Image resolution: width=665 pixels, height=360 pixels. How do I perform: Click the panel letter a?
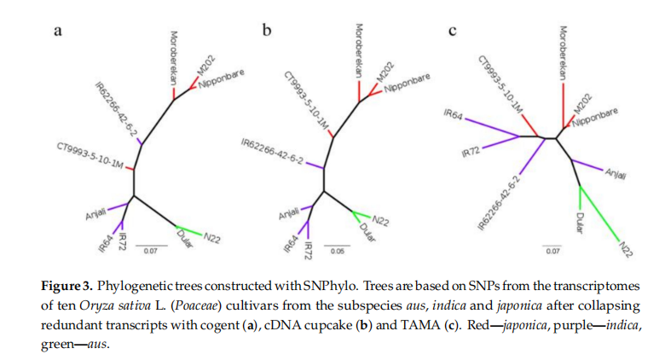click(58, 32)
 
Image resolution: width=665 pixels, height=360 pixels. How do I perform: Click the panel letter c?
click(452, 32)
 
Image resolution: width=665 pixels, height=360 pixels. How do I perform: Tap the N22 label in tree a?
click(211, 238)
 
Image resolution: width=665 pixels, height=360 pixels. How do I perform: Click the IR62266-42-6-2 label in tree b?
click(272, 154)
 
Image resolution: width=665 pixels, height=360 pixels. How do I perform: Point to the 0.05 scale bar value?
click(338, 252)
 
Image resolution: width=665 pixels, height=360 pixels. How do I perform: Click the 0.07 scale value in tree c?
click(552, 252)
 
